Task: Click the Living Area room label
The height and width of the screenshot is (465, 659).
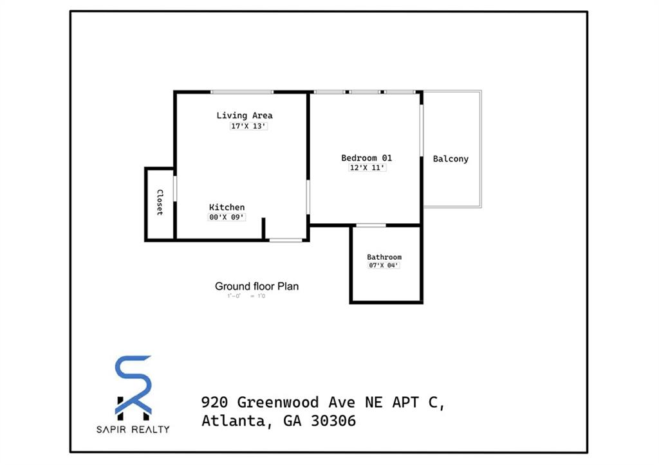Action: point(244,116)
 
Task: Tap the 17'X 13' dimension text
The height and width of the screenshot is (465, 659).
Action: point(248,127)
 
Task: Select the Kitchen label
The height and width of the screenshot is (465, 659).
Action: point(227,207)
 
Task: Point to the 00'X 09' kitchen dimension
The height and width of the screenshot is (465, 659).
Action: point(227,217)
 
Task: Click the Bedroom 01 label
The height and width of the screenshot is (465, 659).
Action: point(366,158)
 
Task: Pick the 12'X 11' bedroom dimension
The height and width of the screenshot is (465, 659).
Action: point(367,168)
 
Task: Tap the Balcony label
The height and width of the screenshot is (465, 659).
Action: point(450,159)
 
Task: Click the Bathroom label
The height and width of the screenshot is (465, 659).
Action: point(384,257)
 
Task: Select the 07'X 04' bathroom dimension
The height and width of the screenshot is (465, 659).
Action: point(384,266)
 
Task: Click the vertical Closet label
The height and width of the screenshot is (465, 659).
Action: point(159,202)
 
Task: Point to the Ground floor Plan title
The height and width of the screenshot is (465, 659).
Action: point(257,286)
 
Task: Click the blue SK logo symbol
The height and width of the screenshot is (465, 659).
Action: point(133,385)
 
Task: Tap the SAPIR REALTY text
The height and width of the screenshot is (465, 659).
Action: point(133,429)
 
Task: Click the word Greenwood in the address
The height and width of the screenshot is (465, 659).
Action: point(278,403)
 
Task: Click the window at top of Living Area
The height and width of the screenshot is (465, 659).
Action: point(242,92)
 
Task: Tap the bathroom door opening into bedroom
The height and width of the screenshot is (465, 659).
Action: point(371,225)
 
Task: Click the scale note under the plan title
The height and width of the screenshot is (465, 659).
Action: point(246,296)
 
